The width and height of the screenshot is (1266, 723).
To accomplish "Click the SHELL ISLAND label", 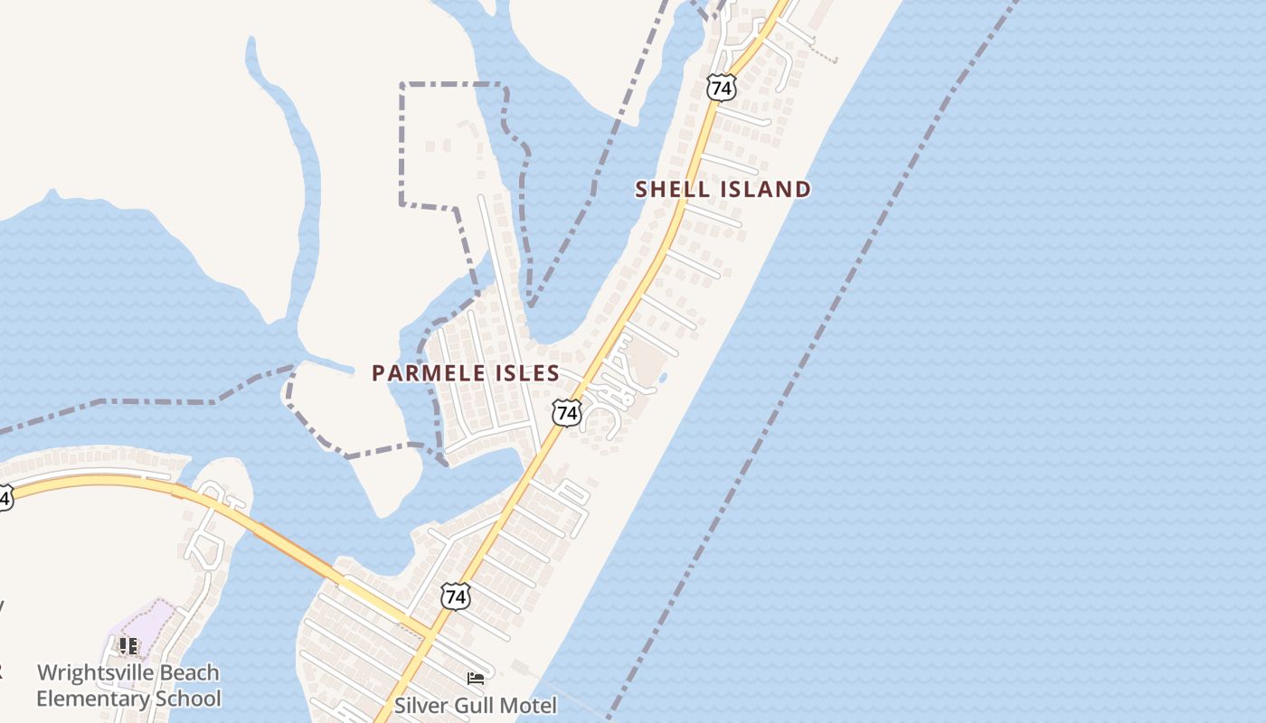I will [723, 190].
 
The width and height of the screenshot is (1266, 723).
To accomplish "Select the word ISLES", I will [526, 373].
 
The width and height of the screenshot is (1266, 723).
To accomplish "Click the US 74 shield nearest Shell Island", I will [722, 88].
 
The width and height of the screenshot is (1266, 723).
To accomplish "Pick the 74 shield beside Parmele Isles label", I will [567, 413].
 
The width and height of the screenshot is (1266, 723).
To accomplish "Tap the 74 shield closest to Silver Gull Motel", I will [456, 596].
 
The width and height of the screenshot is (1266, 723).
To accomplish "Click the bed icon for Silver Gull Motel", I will [476, 678].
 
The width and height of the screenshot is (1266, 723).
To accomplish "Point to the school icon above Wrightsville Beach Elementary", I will [128, 646].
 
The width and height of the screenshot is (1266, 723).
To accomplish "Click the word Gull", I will [474, 705].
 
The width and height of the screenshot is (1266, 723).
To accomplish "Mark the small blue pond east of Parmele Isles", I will [663, 378].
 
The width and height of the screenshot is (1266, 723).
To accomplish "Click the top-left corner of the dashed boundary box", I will [402, 85].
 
